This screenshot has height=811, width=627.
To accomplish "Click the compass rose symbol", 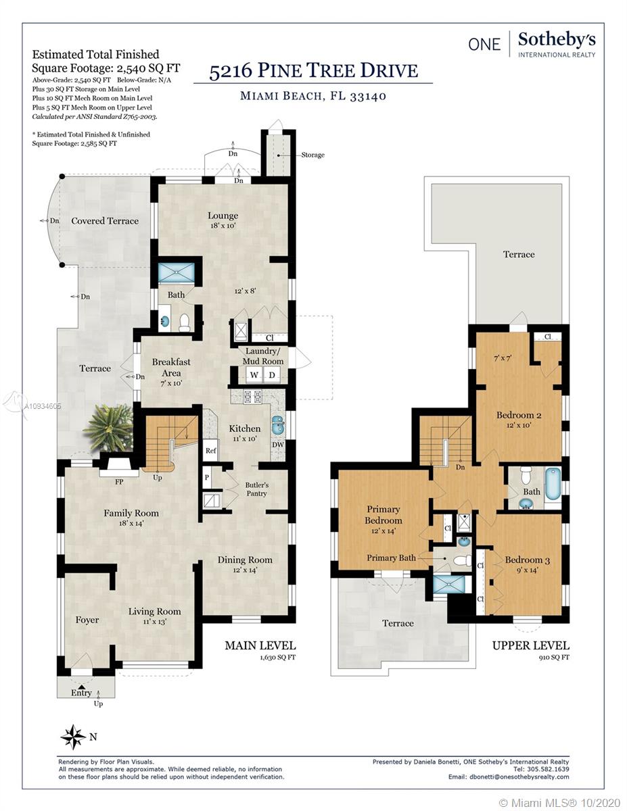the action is tap(73, 737).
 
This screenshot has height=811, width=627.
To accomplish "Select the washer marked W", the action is tap(254, 374).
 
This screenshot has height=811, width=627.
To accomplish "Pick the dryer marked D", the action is tap(272, 374).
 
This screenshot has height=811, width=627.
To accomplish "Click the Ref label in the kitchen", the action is tap(210, 451).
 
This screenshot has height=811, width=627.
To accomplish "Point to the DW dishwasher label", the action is tap(278, 445).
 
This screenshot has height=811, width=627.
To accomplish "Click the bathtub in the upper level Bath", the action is tap(553, 485).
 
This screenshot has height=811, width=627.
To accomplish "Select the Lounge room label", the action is tap(223, 216).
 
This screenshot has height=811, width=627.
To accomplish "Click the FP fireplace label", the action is tap(119, 482).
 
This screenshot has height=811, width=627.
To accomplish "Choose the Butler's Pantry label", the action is tap(257, 489).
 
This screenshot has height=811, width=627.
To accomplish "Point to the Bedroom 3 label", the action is tap(528, 560).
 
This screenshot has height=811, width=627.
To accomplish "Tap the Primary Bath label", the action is tap(391, 558).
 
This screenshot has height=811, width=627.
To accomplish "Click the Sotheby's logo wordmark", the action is tap(557, 40).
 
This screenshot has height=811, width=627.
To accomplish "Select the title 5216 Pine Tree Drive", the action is tap(313, 70).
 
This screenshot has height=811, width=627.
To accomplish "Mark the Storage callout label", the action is tap(313, 155).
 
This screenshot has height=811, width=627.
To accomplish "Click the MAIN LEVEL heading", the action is tap(260, 645).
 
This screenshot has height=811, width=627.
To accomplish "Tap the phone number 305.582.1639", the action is tap(548, 769).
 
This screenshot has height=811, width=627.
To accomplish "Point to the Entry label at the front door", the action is tap(81, 693).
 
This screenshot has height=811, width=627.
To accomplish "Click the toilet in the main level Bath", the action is tap(185, 323).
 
